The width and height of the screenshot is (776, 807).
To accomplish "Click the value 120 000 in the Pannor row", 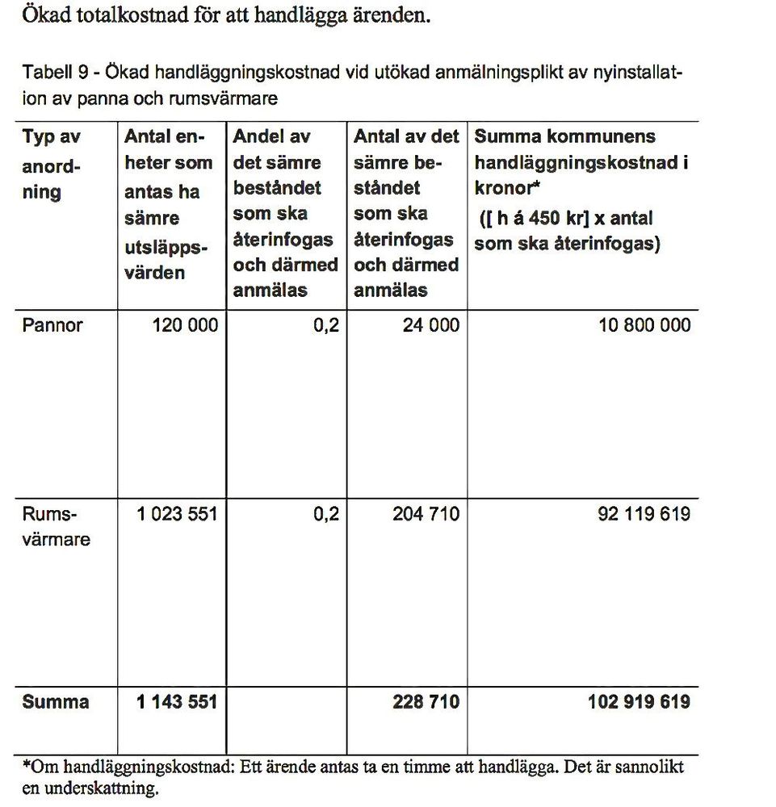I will click(x=185, y=325).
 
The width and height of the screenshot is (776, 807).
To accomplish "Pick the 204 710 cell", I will click(x=426, y=514).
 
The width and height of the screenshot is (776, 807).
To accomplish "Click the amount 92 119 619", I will click(x=644, y=514).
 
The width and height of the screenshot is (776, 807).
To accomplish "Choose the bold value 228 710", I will click(x=426, y=702).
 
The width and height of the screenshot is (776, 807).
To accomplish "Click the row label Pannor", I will click(x=52, y=325).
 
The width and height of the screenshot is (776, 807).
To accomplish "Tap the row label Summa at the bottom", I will click(x=56, y=702).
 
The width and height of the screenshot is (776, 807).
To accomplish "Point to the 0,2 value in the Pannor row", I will click(x=326, y=325).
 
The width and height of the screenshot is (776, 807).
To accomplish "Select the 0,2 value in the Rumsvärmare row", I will click(x=326, y=514).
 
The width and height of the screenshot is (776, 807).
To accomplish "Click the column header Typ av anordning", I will click(x=52, y=164).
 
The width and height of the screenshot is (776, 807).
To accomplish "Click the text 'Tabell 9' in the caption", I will click(x=54, y=73).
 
